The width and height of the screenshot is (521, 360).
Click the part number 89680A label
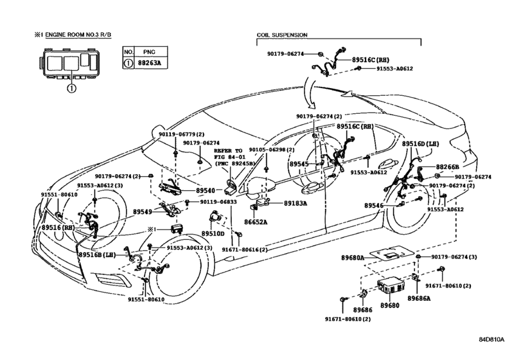[353, 258]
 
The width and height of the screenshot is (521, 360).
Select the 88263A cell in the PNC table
[151, 63]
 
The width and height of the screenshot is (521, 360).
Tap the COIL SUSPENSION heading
[282, 35]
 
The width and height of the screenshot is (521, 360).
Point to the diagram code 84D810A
[491, 339]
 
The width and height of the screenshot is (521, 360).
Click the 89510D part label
[213, 234]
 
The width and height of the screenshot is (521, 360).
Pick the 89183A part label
[296, 203]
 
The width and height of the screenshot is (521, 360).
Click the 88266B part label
[447, 167]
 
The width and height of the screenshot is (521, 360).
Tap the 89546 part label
[374, 206]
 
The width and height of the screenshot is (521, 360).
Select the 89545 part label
[299, 164]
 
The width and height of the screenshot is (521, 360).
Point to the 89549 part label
[143, 212]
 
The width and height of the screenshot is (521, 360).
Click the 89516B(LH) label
[97, 255]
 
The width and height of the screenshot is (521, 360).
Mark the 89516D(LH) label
[420, 144]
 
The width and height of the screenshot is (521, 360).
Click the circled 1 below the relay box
[72, 88]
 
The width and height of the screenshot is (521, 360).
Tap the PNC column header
[149, 52]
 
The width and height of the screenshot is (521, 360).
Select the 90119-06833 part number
[218, 202]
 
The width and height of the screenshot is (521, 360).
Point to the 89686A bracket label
[419, 298]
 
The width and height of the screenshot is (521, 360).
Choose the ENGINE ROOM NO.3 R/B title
[78, 35]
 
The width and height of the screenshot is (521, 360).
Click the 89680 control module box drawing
[391, 287]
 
